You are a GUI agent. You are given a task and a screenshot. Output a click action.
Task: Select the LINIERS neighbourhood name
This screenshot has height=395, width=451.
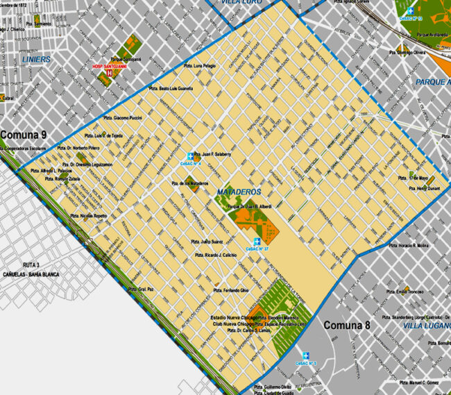(x=36, y=60)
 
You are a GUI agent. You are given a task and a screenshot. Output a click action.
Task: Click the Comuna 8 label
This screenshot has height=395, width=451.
(x=351, y=324)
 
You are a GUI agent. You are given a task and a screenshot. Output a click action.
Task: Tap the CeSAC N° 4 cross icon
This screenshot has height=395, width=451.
(x=190, y=156)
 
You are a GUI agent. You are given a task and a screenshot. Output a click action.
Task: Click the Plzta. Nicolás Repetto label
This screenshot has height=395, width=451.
(x=89, y=216)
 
